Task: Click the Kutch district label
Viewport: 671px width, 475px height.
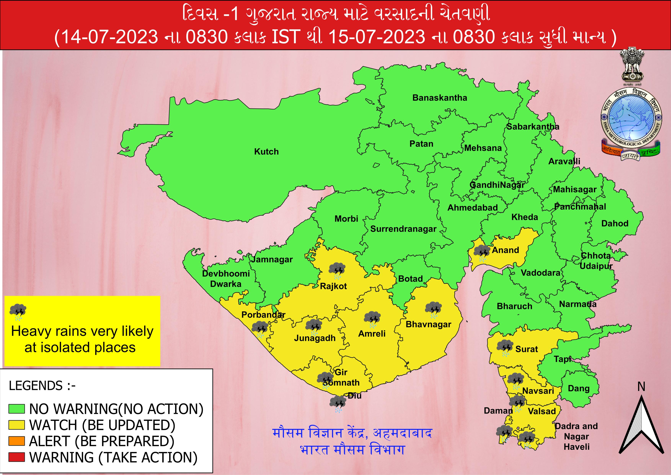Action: (x=266, y=152)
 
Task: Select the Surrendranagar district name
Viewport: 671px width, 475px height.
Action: (x=403, y=229)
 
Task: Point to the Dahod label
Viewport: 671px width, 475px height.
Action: (x=615, y=224)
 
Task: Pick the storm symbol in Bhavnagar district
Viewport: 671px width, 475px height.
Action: (x=433, y=310)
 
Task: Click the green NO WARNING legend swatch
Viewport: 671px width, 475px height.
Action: (x=17, y=409)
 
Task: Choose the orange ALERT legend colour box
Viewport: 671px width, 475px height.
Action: (x=17, y=441)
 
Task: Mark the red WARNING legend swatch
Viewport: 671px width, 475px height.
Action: (x=17, y=457)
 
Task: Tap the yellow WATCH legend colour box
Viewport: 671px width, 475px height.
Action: (x=17, y=425)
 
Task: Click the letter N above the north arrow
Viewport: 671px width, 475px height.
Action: (x=641, y=387)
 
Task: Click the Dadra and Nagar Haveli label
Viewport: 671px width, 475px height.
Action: (x=576, y=436)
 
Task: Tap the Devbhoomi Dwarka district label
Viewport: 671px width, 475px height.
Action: (x=226, y=279)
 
